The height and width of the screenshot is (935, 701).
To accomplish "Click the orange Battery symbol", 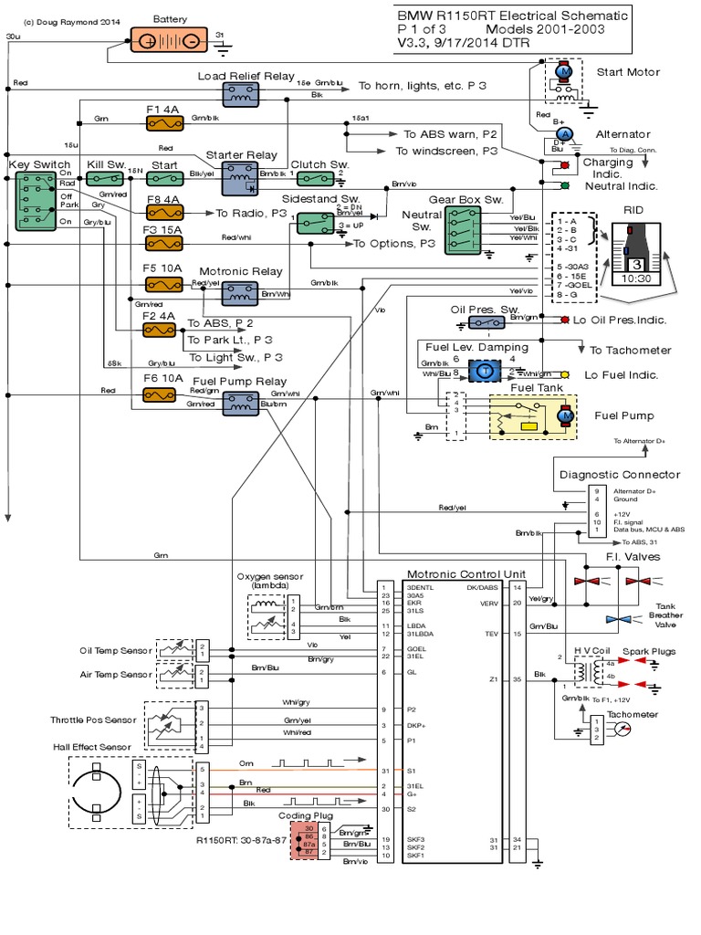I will click(x=170, y=42).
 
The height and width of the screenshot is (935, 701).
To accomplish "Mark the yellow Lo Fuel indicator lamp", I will click(x=565, y=374).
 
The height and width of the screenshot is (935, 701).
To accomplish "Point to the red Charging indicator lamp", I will click(x=564, y=165).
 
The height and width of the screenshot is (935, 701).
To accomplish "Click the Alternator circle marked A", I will click(x=563, y=133).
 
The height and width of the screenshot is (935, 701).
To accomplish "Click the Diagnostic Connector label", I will click(x=619, y=474).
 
